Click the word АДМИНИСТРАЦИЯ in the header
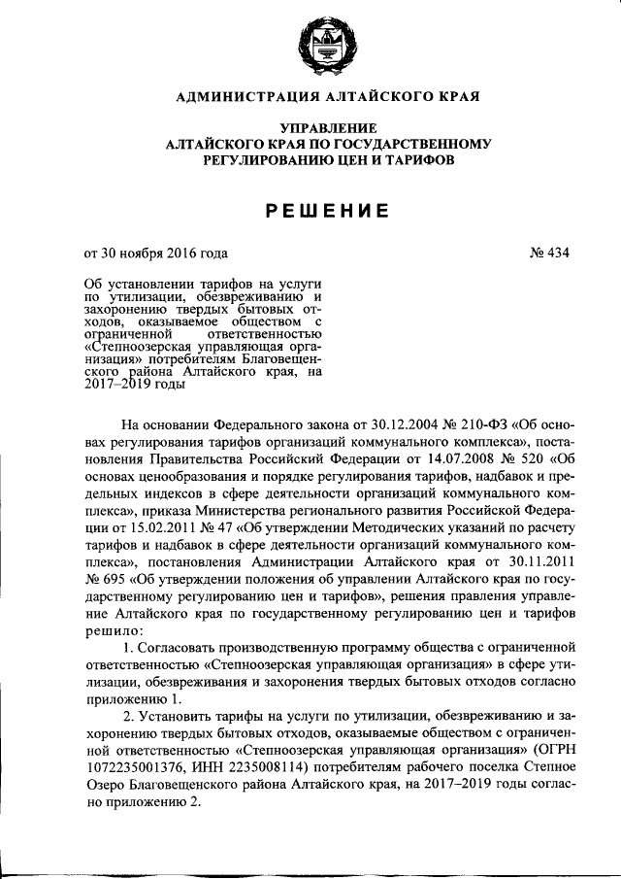pos(240,97)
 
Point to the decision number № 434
pos(548,254)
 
